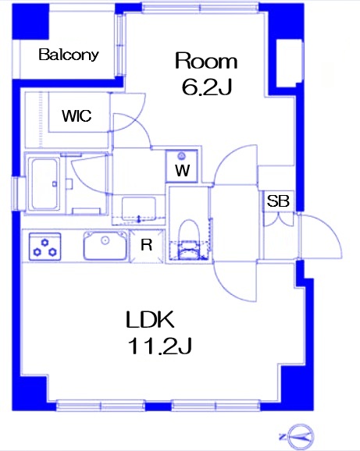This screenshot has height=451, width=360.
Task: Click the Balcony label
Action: click(69, 55)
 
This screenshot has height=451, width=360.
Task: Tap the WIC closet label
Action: click(77, 115)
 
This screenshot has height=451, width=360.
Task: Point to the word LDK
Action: click(150, 319)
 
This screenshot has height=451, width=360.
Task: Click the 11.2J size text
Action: click(160, 346)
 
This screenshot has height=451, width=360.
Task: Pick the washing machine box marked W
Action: click(182, 166)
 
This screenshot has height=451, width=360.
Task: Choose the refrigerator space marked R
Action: click(147, 245)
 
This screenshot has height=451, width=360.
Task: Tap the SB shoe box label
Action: click(278, 201)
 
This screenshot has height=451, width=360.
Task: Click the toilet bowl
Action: click(189, 240)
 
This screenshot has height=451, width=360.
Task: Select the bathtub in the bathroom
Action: click(45, 184)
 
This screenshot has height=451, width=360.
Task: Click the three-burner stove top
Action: click(45, 247)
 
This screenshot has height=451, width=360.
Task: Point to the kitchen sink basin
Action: click(105, 245)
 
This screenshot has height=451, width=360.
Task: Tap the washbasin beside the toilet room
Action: click(139, 208)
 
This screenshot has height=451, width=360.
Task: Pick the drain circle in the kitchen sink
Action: click(105, 240)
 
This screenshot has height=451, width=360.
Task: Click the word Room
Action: click(206, 61)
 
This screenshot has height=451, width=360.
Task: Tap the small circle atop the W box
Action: click(181, 156)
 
